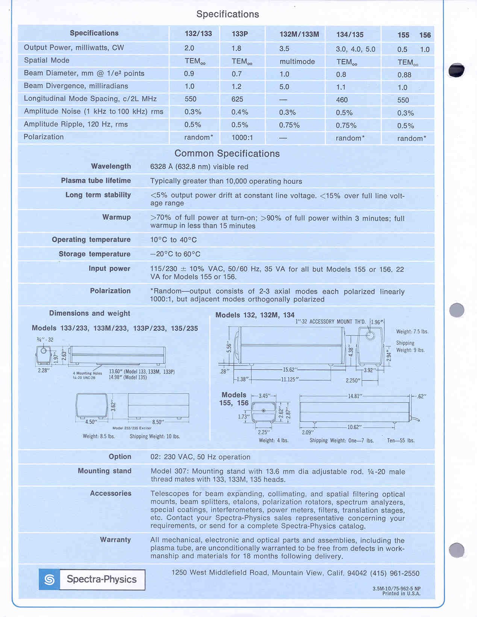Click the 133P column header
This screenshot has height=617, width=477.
pos(240,34)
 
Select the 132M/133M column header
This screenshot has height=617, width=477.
pos(299,34)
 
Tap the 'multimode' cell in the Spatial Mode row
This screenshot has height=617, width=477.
pos(297,62)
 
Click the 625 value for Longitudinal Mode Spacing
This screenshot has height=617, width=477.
pos(237,99)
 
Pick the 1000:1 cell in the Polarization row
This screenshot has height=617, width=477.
pos(242,137)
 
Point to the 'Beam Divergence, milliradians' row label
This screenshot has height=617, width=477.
pos(76,86)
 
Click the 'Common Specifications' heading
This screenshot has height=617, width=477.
pos(227,153)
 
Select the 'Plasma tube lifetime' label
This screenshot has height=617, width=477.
pos(96,181)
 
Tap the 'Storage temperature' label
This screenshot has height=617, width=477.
pos(94,254)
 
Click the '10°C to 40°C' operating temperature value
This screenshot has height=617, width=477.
pos(173,240)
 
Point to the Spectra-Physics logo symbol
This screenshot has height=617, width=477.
pos(49,579)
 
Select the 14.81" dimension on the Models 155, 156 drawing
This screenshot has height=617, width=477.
pos(354,396)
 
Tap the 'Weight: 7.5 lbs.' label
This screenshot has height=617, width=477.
pos(412,331)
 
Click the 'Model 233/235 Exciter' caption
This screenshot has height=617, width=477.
pos(132,428)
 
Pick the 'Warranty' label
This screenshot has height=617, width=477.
pos(115,540)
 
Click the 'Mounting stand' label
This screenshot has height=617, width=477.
pos(104,471)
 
